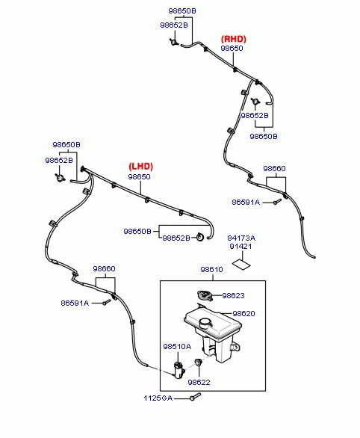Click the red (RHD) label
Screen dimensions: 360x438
[x=234, y=39]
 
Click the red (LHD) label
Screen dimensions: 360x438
[x=141, y=167]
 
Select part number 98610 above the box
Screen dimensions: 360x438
[x=212, y=270]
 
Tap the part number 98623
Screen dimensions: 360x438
[x=233, y=295]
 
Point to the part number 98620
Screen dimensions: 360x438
[x=243, y=313]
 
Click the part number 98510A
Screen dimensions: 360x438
[x=177, y=347]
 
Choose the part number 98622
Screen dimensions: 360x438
[x=199, y=382]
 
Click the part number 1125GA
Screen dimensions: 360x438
[x=158, y=398]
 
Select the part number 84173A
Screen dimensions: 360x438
[x=241, y=238]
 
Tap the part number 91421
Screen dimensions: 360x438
[x=240, y=247]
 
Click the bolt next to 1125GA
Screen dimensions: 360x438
[x=196, y=396]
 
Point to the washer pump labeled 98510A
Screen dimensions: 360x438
[x=179, y=369]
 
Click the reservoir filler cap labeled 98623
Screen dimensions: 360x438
[x=205, y=295]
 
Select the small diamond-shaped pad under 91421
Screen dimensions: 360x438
[x=242, y=265]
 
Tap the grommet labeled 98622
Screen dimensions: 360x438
[x=199, y=362]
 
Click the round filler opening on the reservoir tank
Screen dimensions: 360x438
[x=205, y=322]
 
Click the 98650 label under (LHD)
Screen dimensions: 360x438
[x=139, y=177]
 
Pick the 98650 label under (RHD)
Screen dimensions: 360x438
[x=232, y=48]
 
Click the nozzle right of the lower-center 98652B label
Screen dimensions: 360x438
[x=200, y=237]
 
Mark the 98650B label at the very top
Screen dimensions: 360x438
[x=182, y=11]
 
